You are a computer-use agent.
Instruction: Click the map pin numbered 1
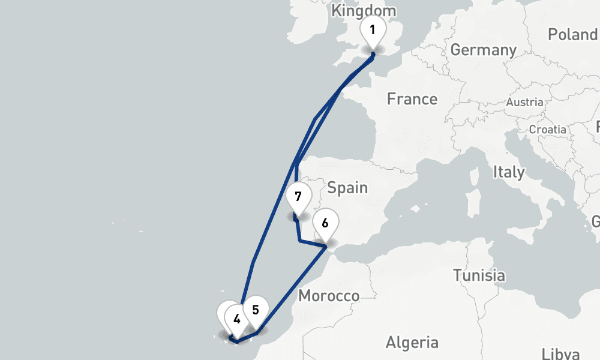(373, 29)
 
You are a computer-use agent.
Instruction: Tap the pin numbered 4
(237, 319)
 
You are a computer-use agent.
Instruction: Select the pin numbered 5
(256, 310)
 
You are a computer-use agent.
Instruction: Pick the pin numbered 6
(325, 224)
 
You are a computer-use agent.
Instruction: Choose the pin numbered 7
(298, 197)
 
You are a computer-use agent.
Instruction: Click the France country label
(412, 98)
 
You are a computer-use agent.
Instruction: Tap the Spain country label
(347, 188)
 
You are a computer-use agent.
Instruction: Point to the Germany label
(484, 50)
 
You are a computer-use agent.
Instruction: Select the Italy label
(508, 172)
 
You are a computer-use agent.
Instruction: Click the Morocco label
(329, 295)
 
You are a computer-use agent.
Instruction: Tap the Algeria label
(412, 343)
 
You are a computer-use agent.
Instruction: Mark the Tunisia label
(478, 275)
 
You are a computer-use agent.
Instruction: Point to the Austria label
(524, 102)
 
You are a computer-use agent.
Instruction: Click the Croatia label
(547, 129)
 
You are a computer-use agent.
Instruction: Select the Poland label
(573, 34)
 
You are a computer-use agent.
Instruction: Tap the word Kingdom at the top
(364, 10)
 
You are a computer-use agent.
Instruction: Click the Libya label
(560, 353)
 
